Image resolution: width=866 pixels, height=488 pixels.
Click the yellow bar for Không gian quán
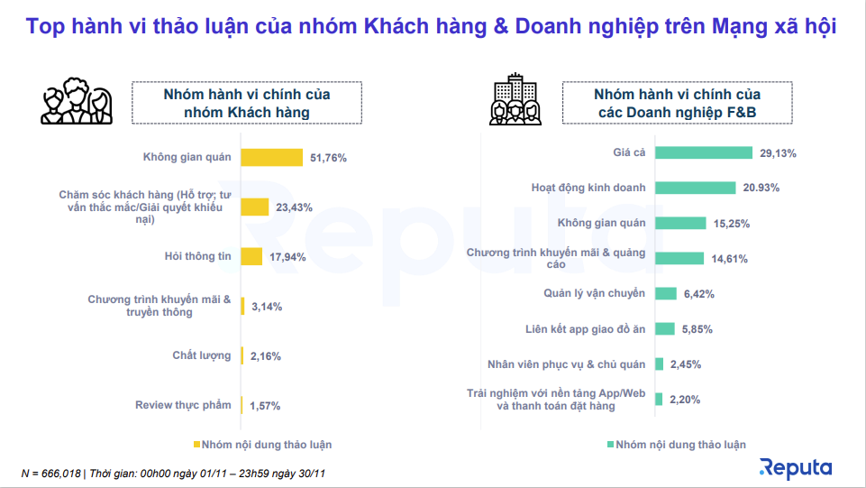coord(271,158)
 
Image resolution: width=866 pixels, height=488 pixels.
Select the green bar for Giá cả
coord(704,153)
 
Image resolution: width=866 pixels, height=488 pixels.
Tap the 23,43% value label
coord(294,207)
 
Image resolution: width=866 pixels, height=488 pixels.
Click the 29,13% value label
coord(778,153)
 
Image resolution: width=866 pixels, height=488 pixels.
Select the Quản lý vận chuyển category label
coord(594,293)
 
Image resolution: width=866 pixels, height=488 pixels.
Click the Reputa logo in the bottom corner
coord(796,467)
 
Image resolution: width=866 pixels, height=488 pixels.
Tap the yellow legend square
coord(196,445)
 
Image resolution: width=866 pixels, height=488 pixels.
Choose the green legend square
coord(611,445)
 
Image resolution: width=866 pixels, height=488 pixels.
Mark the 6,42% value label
coord(699,294)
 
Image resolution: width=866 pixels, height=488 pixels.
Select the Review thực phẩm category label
coord(183,405)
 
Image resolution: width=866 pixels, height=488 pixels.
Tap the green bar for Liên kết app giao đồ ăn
coord(665,329)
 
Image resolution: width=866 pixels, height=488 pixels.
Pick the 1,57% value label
coord(264,405)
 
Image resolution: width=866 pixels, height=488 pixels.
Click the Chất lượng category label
coord(202,355)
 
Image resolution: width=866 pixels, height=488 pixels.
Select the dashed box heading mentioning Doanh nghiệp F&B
coord(678,103)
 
